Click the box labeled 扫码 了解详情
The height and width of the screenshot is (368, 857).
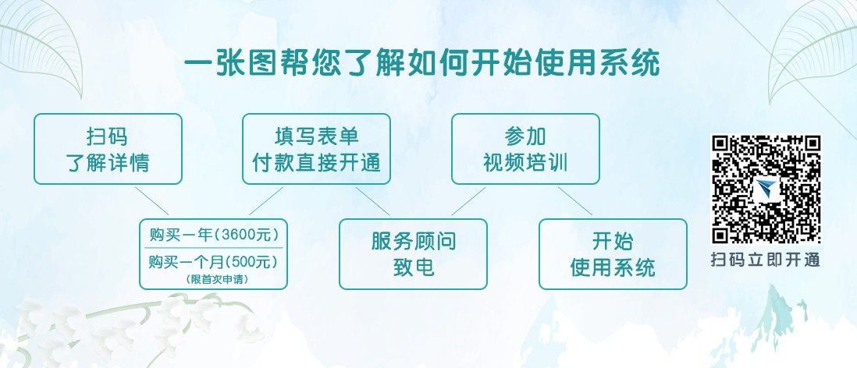tap(108, 148)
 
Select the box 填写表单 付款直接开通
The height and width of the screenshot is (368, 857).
tap(316, 148)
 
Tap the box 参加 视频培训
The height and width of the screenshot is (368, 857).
tap(525, 148)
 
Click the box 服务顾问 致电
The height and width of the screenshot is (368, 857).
tap(413, 254)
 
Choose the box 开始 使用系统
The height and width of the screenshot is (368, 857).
tap(613, 254)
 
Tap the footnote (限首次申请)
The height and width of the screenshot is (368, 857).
tap(217, 279)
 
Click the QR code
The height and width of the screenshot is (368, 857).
tap(766, 189)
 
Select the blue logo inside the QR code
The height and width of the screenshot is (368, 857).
tap(766, 189)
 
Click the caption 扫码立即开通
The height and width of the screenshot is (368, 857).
tap(766, 259)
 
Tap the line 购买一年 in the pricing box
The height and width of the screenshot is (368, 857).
tap(181, 235)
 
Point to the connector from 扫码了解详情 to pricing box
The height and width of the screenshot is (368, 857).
tap(152, 201)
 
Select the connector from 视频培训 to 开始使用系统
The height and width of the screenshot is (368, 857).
tap(575, 201)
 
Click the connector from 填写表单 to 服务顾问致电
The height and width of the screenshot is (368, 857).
tap(373, 201)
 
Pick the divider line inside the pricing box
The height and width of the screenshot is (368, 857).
tap(213, 248)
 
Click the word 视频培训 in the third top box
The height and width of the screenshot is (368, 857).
tap(525, 163)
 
